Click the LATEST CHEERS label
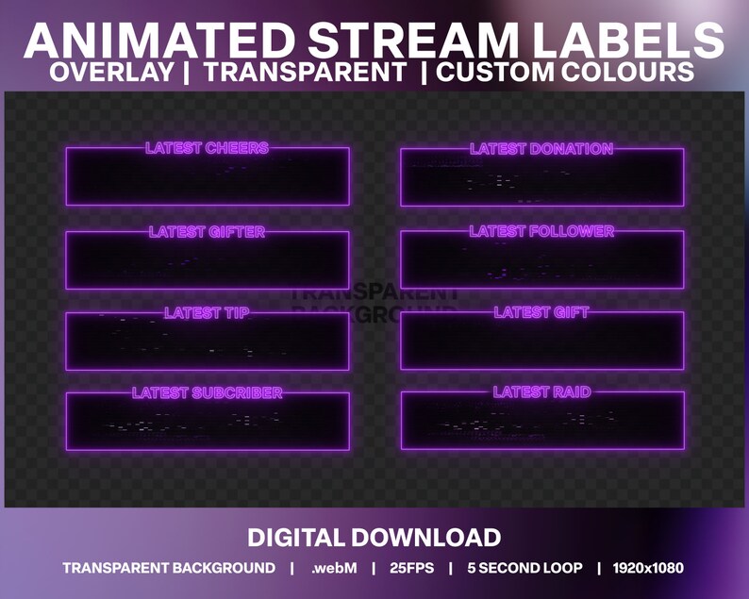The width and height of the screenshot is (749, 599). pyautogui.click(x=207, y=148)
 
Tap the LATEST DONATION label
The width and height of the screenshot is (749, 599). pyautogui.click(x=541, y=149)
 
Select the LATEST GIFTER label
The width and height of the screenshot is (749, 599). pyautogui.click(x=207, y=232)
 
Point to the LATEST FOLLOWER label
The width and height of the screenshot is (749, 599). pyautogui.click(x=541, y=231)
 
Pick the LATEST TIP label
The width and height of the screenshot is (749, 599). pyautogui.click(x=207, y=313)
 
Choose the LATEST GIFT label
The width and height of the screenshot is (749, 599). pyautogui.click(x=541, y=312)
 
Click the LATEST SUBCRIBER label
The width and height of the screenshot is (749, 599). pyautogui.click(x=207, y=393)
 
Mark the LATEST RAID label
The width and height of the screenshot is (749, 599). pyautogui.click(x=541, y=391)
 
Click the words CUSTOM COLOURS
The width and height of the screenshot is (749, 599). pyautogui.click(x=566, y=73)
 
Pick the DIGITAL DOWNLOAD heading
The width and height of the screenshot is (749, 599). pyautogui.click(x=374, y=538)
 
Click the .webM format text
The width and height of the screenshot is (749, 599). pyautogui.click(x=331, y=568)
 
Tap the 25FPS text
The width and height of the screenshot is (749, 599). pyautogui.click(x=409, y=568)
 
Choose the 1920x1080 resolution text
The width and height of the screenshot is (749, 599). pyautogui.click(x=647, y=568)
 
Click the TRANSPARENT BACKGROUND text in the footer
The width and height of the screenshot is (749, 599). pyautogui.click(x=169, y=568)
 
